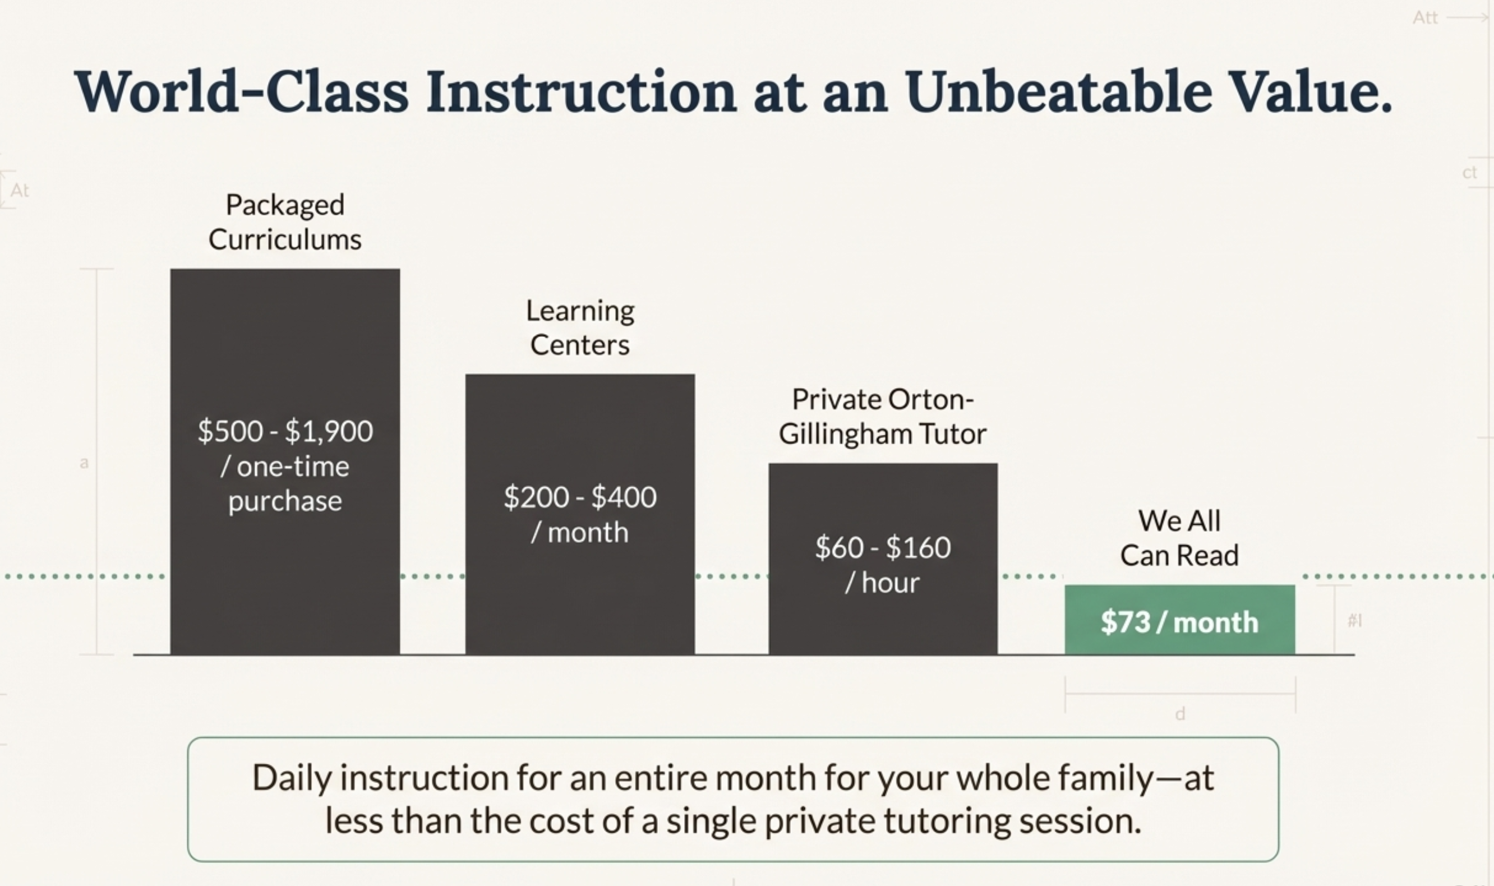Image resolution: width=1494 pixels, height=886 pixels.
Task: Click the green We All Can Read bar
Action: tap(1180, 620)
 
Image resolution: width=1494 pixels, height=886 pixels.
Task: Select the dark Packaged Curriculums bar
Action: tap(285, 462)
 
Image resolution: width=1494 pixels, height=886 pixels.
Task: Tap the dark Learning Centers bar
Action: tap(580, 515)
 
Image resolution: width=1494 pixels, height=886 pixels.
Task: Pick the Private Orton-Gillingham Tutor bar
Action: tap(883, 559)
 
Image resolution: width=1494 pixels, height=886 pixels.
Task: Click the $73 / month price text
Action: tap(1180, 622)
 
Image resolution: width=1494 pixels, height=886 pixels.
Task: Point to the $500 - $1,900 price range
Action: tap(285, 431)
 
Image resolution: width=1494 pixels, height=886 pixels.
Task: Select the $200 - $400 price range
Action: tap(580, 497)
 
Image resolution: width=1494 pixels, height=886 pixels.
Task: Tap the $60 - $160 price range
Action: tap(883, 547)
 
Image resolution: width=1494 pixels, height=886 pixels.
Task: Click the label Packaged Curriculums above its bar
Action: tap(285, 222)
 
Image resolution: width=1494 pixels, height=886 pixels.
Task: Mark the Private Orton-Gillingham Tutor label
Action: tap(883, 417)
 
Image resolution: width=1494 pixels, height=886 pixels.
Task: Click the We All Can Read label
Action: tap(1179, 538)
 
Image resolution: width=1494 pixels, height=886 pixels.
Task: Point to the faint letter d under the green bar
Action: tap(1180, 713)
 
